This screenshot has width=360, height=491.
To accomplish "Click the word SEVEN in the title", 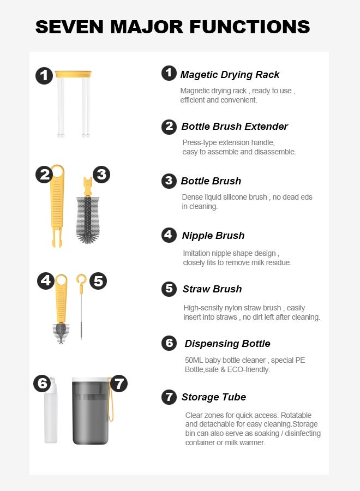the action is (69, 27).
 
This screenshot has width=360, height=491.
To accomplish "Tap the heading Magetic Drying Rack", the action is (230, 75).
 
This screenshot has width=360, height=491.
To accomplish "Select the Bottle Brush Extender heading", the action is (235, 127).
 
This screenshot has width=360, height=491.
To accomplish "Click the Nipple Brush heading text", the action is (213, 236).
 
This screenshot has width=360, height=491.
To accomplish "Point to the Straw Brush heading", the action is (212, 289).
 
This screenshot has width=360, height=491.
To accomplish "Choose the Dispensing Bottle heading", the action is (227, 344).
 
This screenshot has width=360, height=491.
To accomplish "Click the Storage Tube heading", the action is (214, 397).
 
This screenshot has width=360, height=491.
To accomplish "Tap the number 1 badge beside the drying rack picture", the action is (44, 76).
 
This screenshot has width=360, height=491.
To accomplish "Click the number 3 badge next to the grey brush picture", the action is (101, 175).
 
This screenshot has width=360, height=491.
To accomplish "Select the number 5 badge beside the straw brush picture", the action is (98, 281).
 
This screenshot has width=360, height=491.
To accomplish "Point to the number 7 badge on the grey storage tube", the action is (119, 384).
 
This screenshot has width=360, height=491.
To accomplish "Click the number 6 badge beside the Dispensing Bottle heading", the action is (169, 343).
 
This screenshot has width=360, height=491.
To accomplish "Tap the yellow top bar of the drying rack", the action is (73, 74).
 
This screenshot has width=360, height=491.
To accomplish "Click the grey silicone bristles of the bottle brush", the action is (88, 220).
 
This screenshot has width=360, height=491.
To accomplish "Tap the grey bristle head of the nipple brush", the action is (61, 333).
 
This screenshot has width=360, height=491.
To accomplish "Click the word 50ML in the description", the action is (194, 361).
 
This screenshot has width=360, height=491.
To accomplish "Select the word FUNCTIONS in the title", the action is (250, 27).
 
